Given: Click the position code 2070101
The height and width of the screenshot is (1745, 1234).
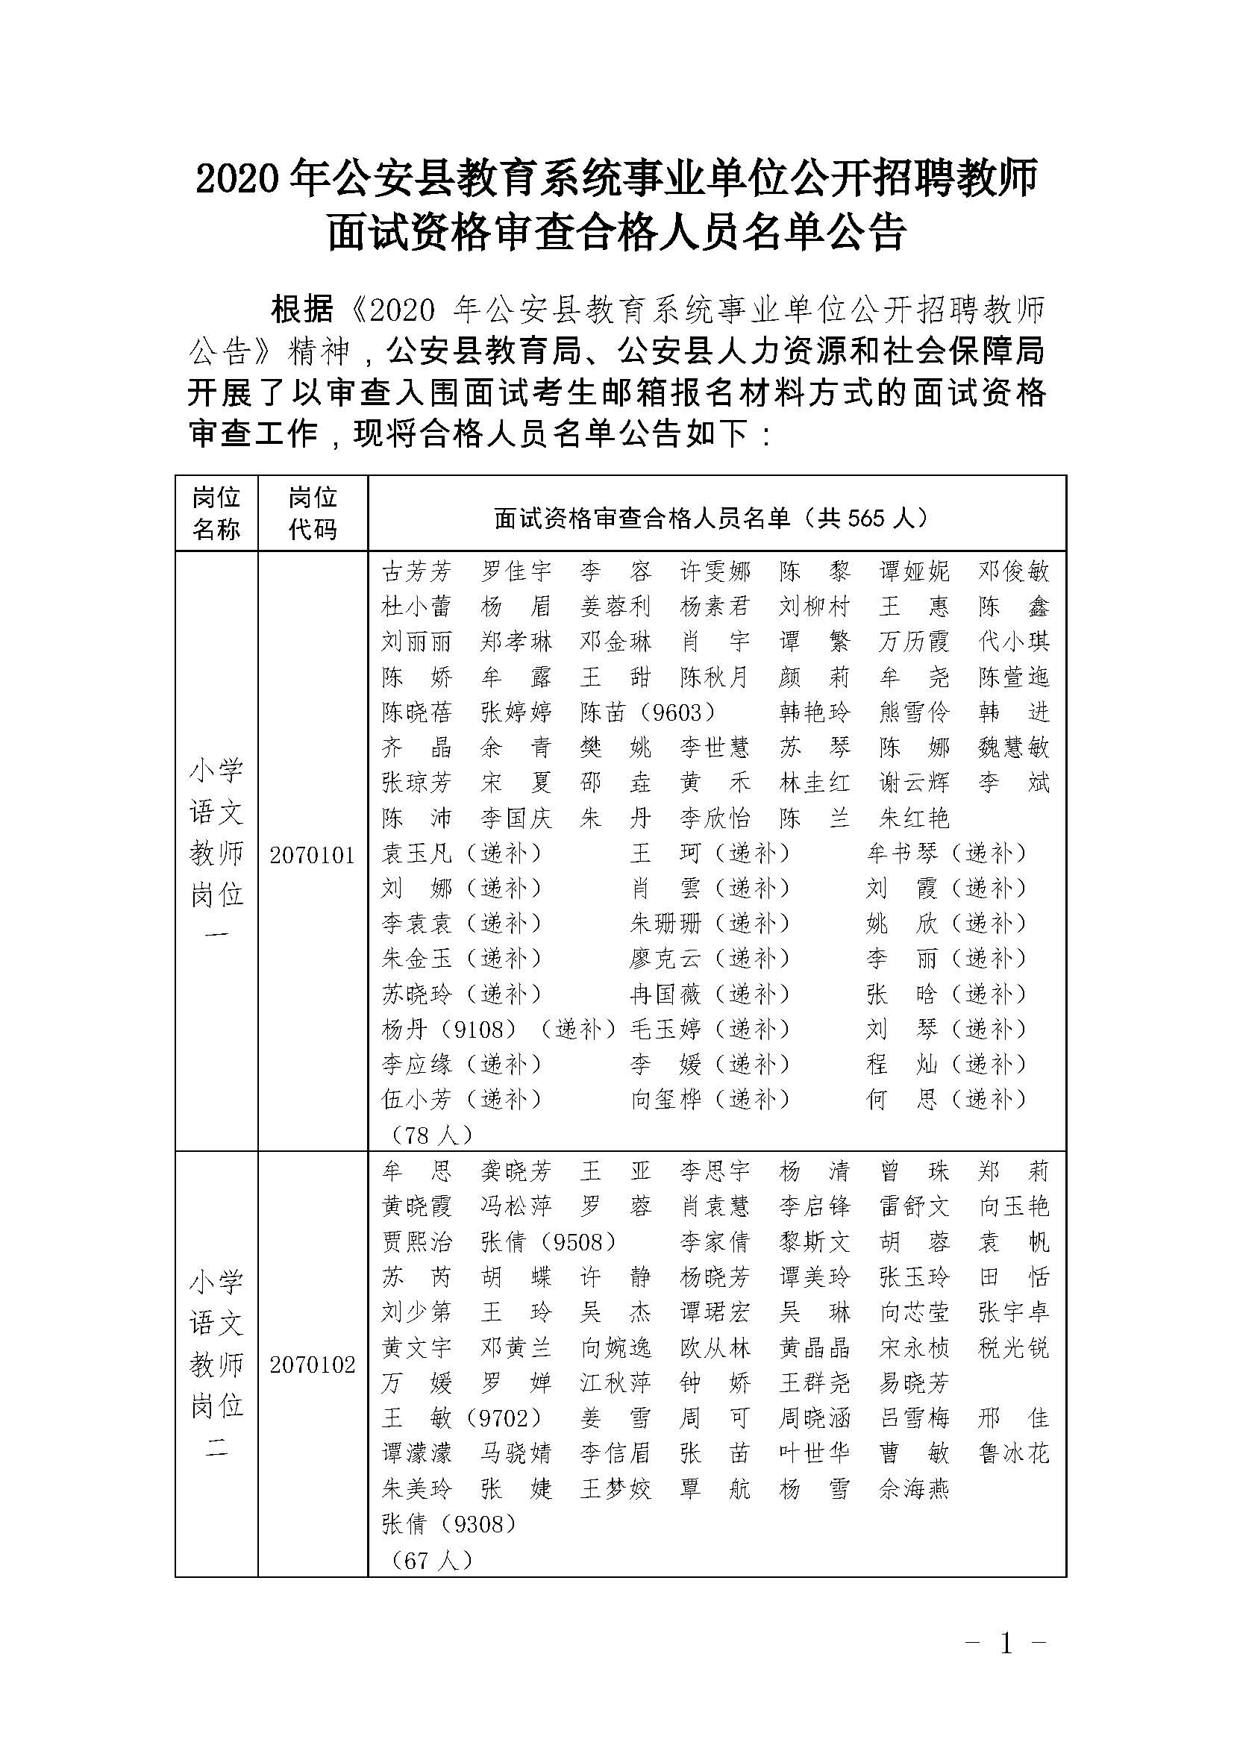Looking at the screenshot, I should [x=313, y=856].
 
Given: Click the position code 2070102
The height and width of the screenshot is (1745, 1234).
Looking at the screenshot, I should [x=313, y=1365].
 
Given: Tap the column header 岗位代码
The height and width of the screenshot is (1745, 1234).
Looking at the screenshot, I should [x=313, y=513].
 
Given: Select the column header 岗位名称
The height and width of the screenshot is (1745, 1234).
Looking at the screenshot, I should [x=216, y=513].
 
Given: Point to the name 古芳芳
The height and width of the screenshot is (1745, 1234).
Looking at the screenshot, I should [x=416, y=571].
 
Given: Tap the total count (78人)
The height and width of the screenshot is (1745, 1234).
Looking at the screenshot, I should [x=430, y=1135].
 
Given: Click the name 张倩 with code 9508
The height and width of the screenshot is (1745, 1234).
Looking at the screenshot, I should [x=547, y=1243].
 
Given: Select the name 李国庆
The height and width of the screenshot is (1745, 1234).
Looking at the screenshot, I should [x=516, y=818].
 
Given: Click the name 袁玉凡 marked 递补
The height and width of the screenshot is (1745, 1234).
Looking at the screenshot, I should [x=416, y=853].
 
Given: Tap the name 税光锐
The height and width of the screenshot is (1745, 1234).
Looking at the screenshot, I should [x=1014, y=1348].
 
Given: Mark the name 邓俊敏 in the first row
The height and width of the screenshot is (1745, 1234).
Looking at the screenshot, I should [x=1014, y=571].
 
